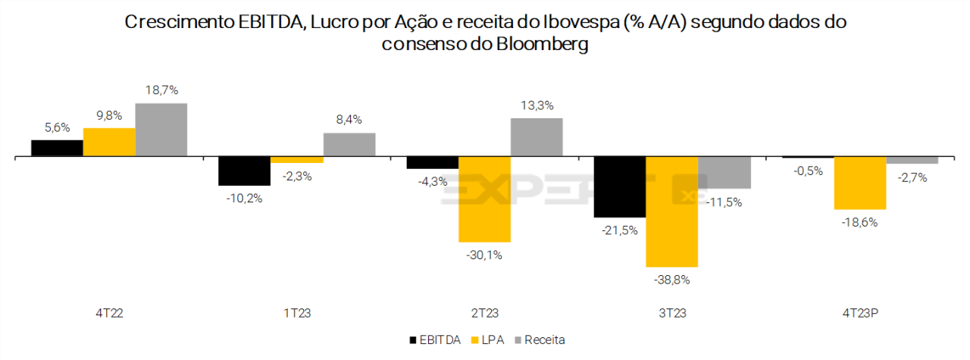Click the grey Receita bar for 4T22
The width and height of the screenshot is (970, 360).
(161, 130)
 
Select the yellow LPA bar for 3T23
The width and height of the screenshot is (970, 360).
(671, 211)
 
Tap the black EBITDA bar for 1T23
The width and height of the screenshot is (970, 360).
(244, 171)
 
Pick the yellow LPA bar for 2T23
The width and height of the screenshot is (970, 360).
(484, 199)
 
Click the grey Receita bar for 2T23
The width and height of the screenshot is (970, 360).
(537, 137)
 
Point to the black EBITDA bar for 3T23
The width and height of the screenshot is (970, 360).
(619, 187)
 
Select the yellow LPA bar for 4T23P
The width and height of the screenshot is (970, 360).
(859, 183)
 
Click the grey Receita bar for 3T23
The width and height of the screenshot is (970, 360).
(724, 172)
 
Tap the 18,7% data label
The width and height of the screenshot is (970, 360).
(161, 90)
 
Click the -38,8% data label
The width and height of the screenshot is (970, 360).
(671, 279)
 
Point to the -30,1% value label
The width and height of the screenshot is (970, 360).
(484, 255)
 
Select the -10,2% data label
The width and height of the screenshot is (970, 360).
(244, 199)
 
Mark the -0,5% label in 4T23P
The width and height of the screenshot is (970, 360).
(807, 171)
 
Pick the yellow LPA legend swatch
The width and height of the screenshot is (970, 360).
(476, 340)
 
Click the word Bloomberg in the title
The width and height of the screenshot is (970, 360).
(541, 44)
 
